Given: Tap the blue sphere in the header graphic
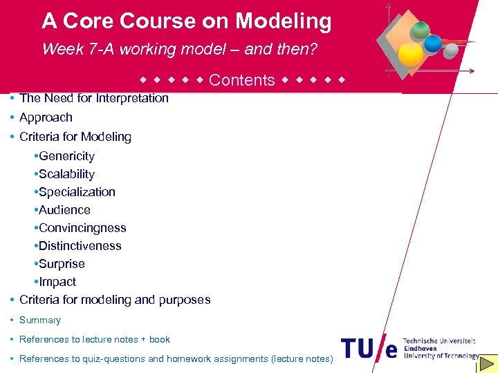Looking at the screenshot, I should pos(434,44).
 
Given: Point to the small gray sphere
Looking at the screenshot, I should pos(451,50).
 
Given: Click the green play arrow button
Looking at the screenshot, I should pos(488,363).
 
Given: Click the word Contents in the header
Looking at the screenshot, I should pos(241,80).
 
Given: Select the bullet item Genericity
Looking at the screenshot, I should pos(66,156).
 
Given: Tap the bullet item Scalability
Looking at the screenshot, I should pos(66,174).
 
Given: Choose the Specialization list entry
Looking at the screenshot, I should pos(77,192).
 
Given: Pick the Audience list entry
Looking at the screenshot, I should pos(64,210).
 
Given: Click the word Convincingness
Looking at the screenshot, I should pos(82,228).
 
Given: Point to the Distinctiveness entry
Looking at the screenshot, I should pos(80,246).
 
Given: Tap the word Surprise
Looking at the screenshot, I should pos(62,264).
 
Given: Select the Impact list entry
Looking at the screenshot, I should pos(57,282).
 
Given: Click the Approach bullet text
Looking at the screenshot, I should pos(46,117).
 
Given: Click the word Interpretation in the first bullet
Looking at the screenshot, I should pos(132,98).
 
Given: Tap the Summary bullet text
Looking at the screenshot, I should pos(40,320).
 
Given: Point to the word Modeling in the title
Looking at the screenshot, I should pos(283,21).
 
